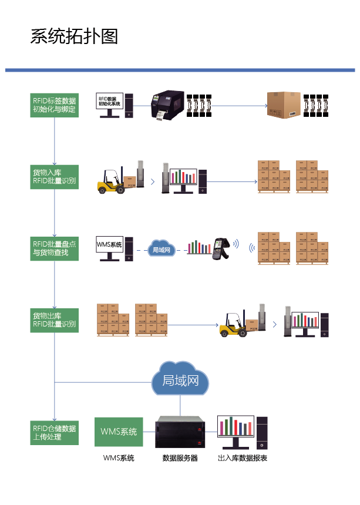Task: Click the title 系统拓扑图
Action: coord(74,36)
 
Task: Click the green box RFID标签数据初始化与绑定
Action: coord(54,105)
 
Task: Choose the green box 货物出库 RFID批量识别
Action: coord(54,320)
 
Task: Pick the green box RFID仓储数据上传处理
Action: coord(54,432)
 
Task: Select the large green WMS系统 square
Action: coord(118,432)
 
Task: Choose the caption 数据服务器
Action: coord(180,458)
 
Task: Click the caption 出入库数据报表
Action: coord(243,458)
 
